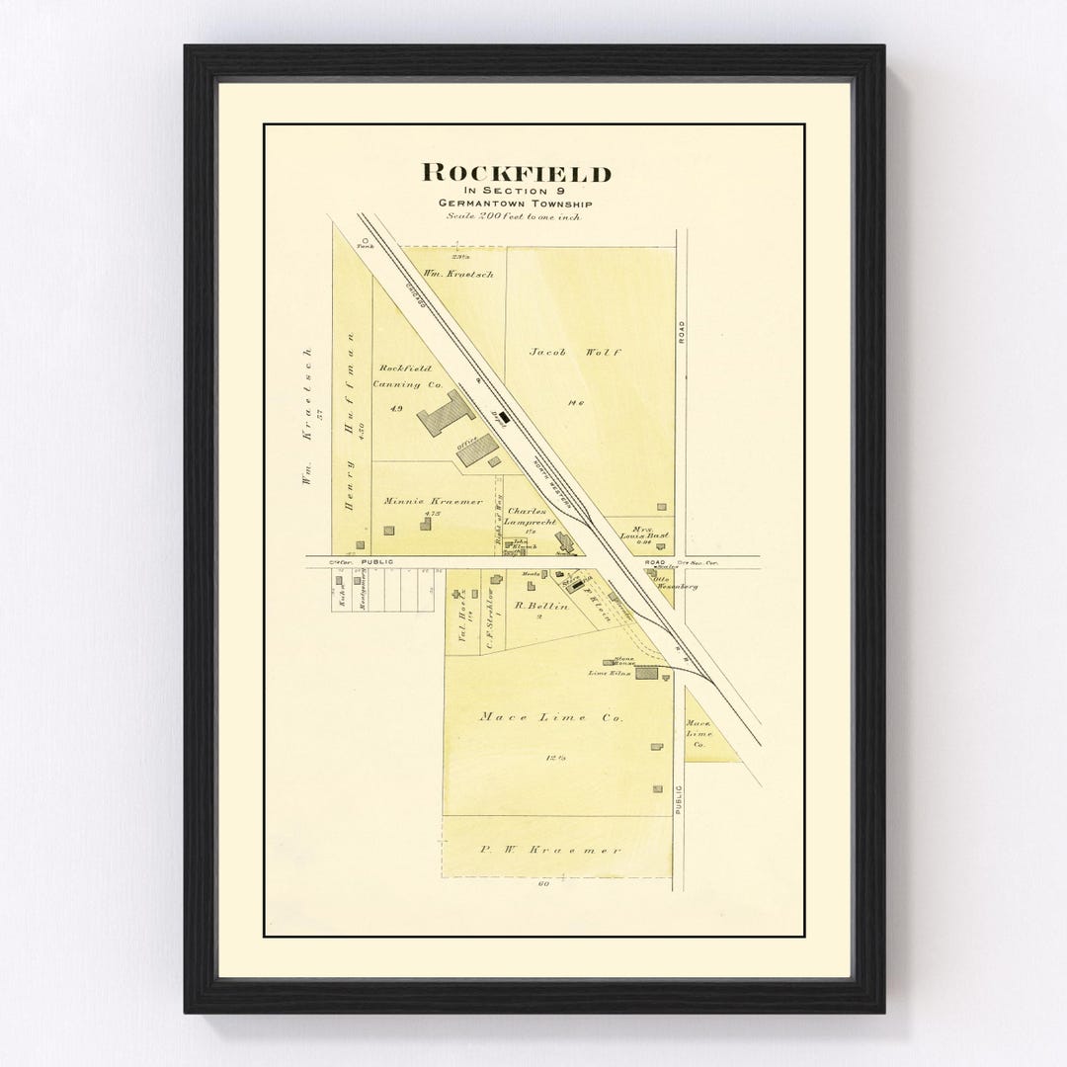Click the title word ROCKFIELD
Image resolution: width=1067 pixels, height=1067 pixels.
tap(517, 173)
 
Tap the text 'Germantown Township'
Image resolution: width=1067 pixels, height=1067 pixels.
tap(517, 204)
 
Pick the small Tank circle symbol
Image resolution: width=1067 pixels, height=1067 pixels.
tap(365, 238)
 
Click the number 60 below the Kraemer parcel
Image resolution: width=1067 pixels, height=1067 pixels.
tap(542, 883)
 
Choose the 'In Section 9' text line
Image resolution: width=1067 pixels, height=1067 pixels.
tap(517, 192)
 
